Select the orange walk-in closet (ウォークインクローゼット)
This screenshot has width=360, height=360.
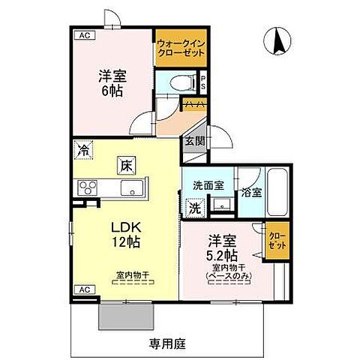(180, 49)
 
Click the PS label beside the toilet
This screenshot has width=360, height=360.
(202, 81)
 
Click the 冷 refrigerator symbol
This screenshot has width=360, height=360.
(82, 151)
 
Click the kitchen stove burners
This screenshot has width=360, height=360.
(86, 187)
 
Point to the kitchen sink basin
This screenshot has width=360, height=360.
(131, 187)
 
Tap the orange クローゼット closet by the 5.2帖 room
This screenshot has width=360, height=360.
(277, 241)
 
